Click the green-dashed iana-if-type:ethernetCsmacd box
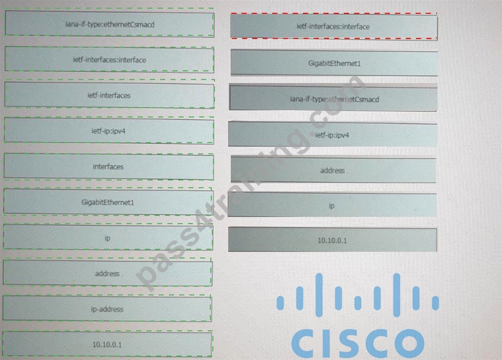[109, 24]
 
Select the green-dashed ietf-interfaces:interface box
[109, 59]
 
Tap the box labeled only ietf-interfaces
[109, 95]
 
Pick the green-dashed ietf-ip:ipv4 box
[109, 131]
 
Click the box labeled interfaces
[108, 167]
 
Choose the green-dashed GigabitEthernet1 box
[108, 202]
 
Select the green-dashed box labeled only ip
[108, 238]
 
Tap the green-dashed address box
[108, 273]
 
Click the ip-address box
[107, 309]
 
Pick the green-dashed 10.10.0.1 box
[107, 344]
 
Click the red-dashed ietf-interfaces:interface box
[334, 27]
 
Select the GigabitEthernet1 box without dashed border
[334, 63]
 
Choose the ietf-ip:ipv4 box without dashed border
[333, 134]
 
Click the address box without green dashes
[333, 170]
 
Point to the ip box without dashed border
[332, 206]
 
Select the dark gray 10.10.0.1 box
[333, 240]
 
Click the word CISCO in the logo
[358, 343]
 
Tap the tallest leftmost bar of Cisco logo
[319, 295]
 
